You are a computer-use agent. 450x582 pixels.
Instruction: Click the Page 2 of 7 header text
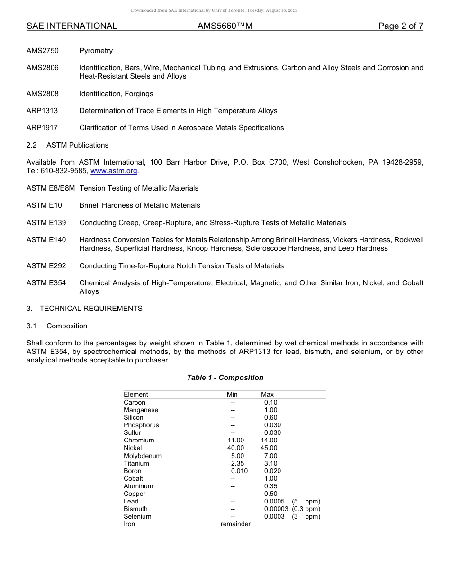point(400,26)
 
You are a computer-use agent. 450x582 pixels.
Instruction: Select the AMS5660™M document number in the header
point(225,26)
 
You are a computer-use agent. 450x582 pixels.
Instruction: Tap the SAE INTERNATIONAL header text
point(72,26)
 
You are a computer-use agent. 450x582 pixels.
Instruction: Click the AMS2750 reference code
point(43,51)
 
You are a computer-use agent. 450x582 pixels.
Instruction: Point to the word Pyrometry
point(96,51)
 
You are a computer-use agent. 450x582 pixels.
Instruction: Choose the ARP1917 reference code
point(42,128)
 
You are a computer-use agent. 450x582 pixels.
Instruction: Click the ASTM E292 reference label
point(46,266)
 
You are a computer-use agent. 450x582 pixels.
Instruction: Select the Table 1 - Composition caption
point(225,378)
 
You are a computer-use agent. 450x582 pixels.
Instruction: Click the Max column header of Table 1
point(267,395)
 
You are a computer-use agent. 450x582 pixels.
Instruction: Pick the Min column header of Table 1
point(232,395)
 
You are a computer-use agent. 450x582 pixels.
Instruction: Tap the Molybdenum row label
point(143,456)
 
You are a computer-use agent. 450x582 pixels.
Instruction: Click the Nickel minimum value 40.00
point(235,448)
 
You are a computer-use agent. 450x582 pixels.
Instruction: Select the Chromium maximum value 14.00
point(269,441)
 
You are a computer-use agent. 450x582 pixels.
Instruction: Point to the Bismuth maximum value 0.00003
point(276,509)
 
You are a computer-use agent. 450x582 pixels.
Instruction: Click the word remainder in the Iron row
point(235,524)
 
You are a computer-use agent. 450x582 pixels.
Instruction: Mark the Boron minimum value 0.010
point(239,471)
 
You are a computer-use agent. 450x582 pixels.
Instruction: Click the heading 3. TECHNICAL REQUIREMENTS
point(84,309)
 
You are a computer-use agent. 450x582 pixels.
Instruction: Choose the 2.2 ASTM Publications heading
point(67,145)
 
